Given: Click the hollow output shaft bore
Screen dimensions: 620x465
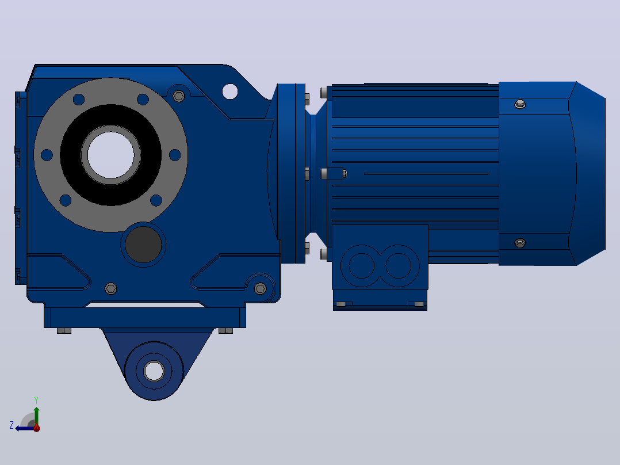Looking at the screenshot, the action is (x=110, y=155).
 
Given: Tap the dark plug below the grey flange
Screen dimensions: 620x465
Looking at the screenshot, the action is (x=143, y=245).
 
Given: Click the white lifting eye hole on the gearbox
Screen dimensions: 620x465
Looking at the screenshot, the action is (x=230, y=92).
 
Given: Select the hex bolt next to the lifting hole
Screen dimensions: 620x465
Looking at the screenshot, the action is (x=179, y=96).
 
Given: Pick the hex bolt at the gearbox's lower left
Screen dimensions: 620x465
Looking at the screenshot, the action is (x=110, y=288).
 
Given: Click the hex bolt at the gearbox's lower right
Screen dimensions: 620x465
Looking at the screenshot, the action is (x=260, y=288).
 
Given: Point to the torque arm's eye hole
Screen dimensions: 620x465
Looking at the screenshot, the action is (x=154, y=371).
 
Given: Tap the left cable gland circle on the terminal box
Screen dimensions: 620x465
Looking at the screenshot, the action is (x=361, y=266).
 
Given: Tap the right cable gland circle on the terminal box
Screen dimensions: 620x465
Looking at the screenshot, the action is (x=398, y=266).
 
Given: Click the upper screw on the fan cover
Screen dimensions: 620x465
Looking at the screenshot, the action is (x=519, y=104).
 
